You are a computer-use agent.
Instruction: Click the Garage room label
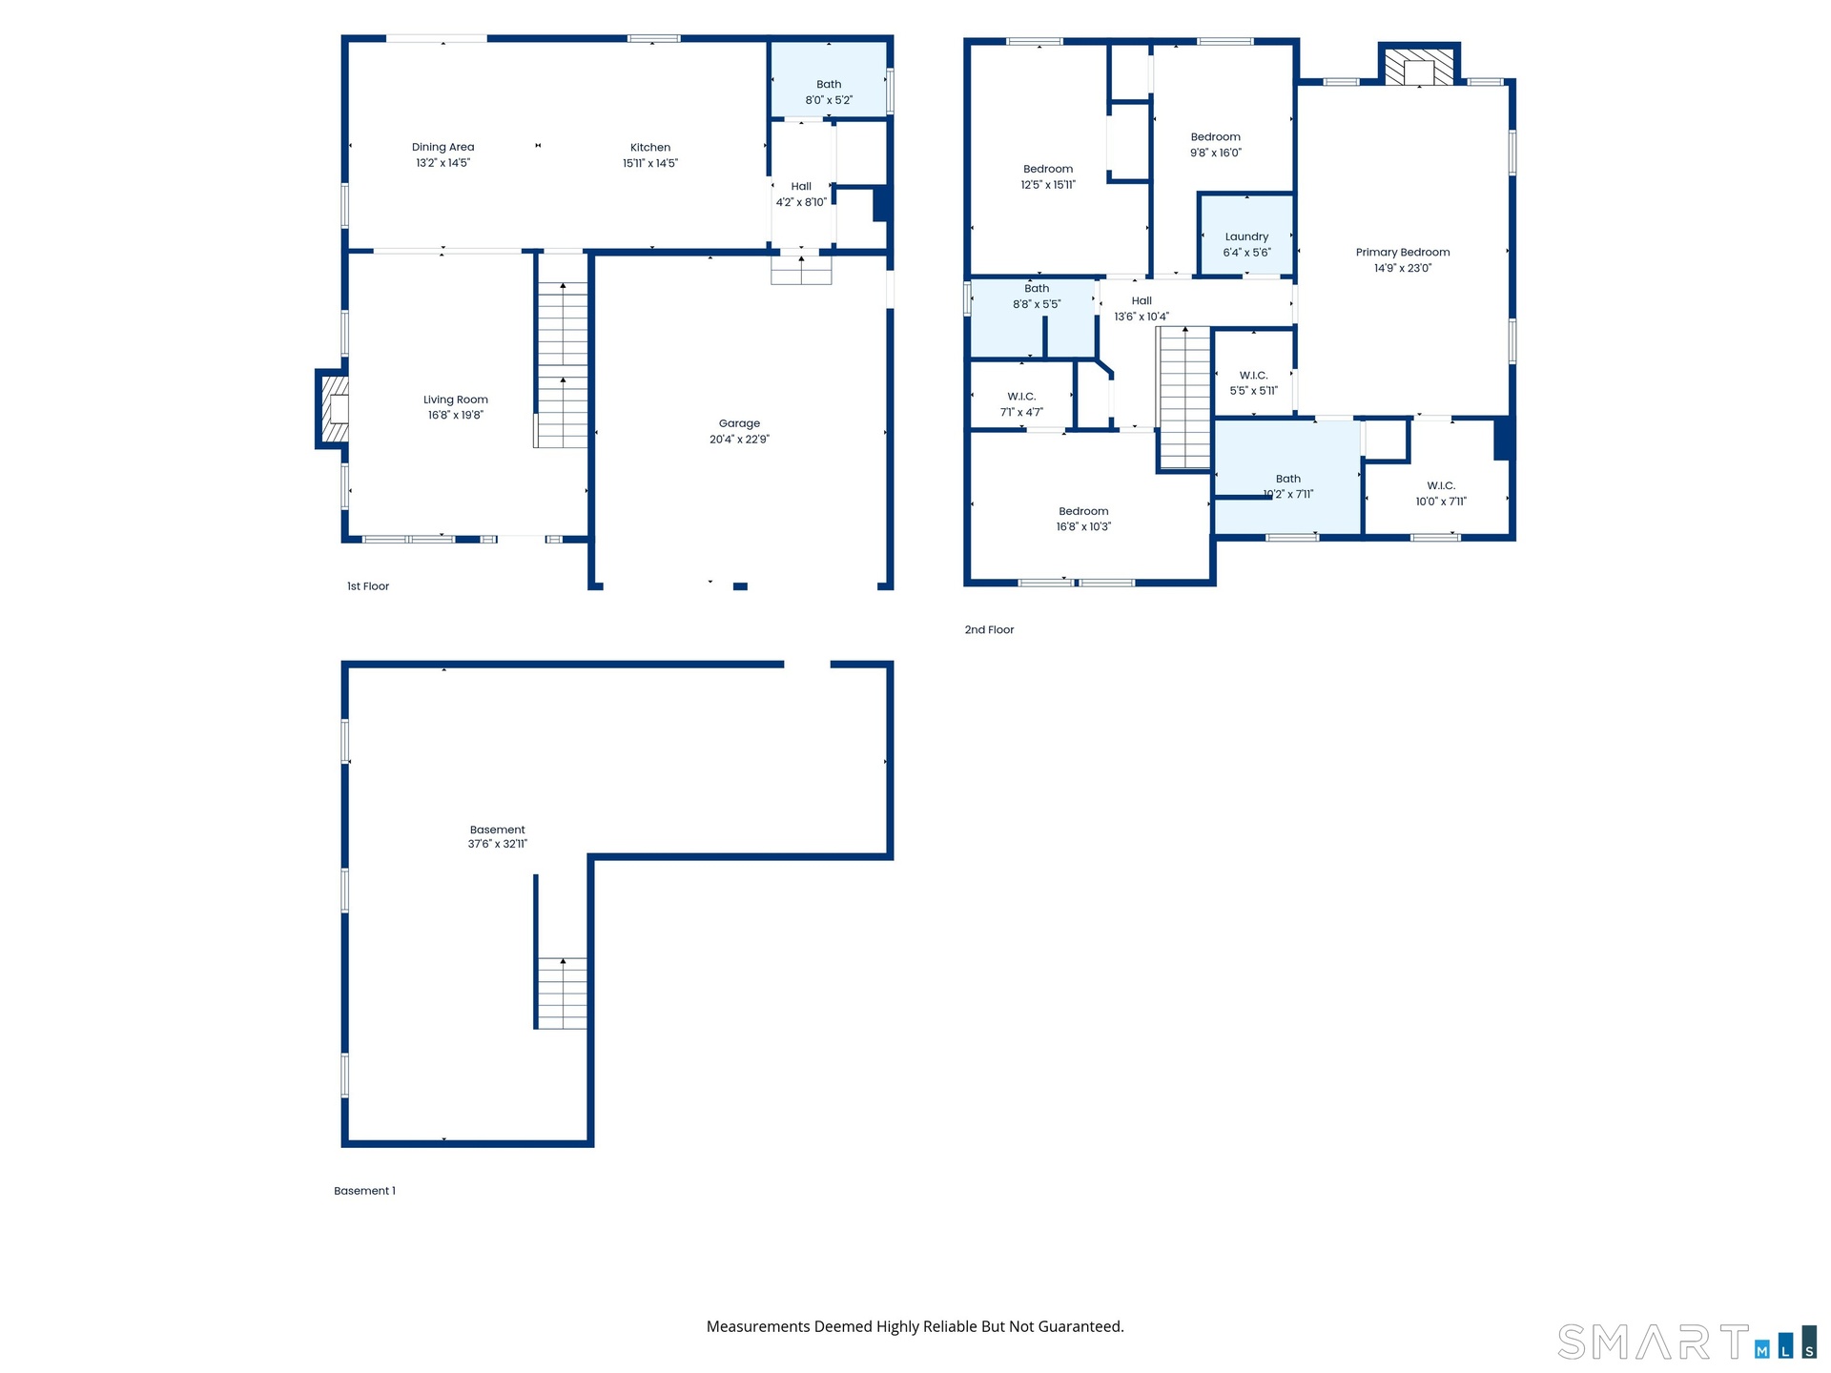point(739,423)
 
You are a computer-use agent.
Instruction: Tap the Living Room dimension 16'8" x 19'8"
point(456,416)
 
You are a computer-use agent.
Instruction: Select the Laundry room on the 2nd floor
point(1246,236)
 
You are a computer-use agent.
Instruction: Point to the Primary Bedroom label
point(1403,253)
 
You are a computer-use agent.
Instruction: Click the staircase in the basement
point(562,993)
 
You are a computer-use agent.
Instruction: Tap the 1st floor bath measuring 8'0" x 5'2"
point(829,79)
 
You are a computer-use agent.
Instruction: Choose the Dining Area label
point(442,147)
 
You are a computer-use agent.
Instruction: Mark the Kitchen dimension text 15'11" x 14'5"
point(650,163)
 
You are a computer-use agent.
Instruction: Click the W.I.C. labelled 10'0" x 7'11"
point(1437,477)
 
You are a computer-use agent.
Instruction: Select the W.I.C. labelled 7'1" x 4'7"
point(1021,396)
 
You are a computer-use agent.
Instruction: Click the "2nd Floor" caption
point(989,630)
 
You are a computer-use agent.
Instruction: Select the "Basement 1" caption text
point(364,1191)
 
